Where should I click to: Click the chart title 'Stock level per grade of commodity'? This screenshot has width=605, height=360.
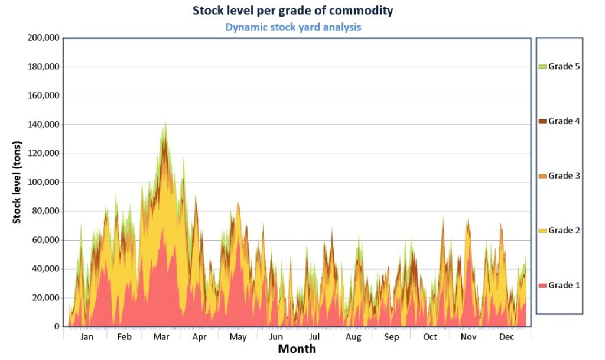click(x=293, y=11)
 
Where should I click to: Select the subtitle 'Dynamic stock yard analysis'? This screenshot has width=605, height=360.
click(x=293, y=27)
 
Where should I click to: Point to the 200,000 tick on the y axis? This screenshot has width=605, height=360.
click(x=44, y=38)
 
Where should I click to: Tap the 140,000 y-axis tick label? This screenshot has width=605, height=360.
click(x=44, y=125)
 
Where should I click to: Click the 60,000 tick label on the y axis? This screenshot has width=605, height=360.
click(x=46, y=240)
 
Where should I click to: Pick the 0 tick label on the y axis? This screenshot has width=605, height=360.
click(x=57, y=326)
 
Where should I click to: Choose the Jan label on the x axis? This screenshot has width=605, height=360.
click(x=87, y=337)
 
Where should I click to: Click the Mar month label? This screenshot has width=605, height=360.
click(x=161, y=337)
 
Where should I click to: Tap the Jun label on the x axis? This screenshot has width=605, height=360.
click(x=276, y=337)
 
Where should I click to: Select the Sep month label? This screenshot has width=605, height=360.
click(x=391, y=337)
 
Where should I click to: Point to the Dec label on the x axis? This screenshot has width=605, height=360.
click(x=506, y=337)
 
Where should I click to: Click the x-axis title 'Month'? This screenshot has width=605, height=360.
click(x=297, y=349)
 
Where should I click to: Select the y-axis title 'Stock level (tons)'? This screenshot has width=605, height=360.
click(x=17, y=182)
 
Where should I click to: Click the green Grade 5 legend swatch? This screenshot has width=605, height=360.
click(x=542, y=67)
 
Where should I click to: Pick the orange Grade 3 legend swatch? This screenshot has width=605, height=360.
click(x=542, y=176)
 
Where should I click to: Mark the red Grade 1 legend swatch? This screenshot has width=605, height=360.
click(x=542, y=286)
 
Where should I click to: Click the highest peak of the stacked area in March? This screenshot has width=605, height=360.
click(x=165, y=121)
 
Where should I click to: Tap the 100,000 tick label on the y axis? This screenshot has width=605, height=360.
click(x=44, y=183)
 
